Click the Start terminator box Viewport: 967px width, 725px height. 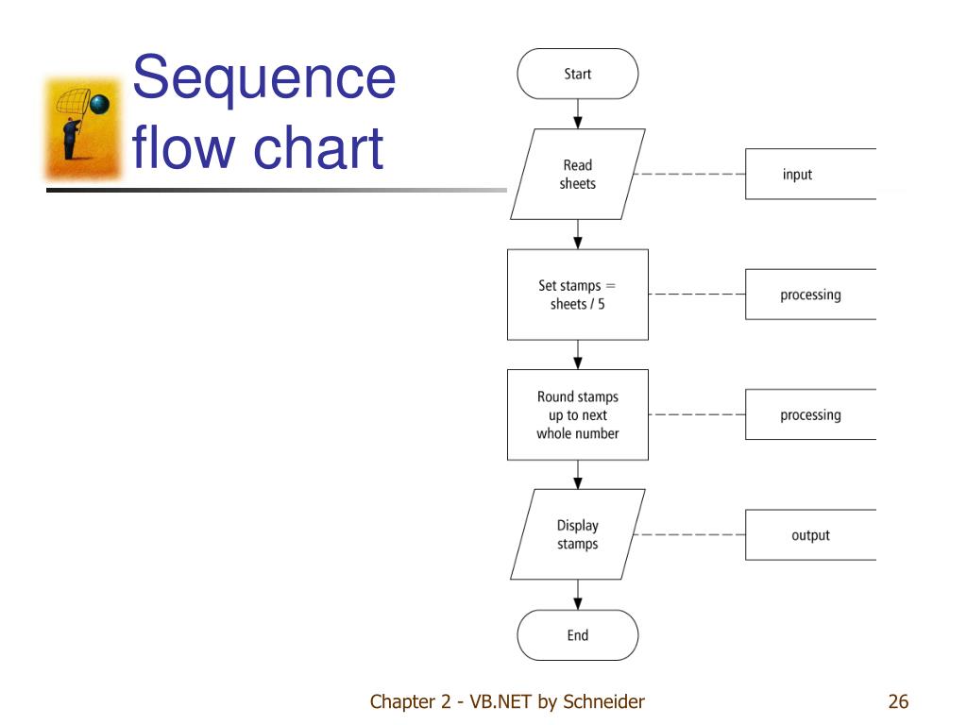(577, 74)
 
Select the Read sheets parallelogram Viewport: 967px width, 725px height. (577, 174)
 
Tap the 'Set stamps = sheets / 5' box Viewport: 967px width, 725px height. (577, 295)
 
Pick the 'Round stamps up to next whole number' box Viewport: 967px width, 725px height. (577, 415)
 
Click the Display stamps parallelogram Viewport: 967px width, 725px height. (577, 534)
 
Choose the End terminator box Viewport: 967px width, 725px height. (577, 635)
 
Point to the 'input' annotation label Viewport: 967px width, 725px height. (797, 175)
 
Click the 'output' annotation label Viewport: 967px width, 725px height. (810, 535)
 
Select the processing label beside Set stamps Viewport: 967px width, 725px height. (810, 295)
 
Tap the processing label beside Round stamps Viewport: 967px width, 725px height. (810, 415)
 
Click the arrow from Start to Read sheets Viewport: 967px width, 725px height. (577, 114)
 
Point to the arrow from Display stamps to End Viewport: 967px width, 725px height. (577, 595)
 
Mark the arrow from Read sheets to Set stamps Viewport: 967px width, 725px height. (577, 234)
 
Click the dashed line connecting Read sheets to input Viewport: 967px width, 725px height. (689, 174)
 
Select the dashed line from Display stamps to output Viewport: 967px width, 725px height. (689, 534)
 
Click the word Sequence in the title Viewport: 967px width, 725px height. (264, 79)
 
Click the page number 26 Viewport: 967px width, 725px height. (898, 701)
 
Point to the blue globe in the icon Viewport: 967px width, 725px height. (100, 104)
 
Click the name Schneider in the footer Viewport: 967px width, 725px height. (603, 701)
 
